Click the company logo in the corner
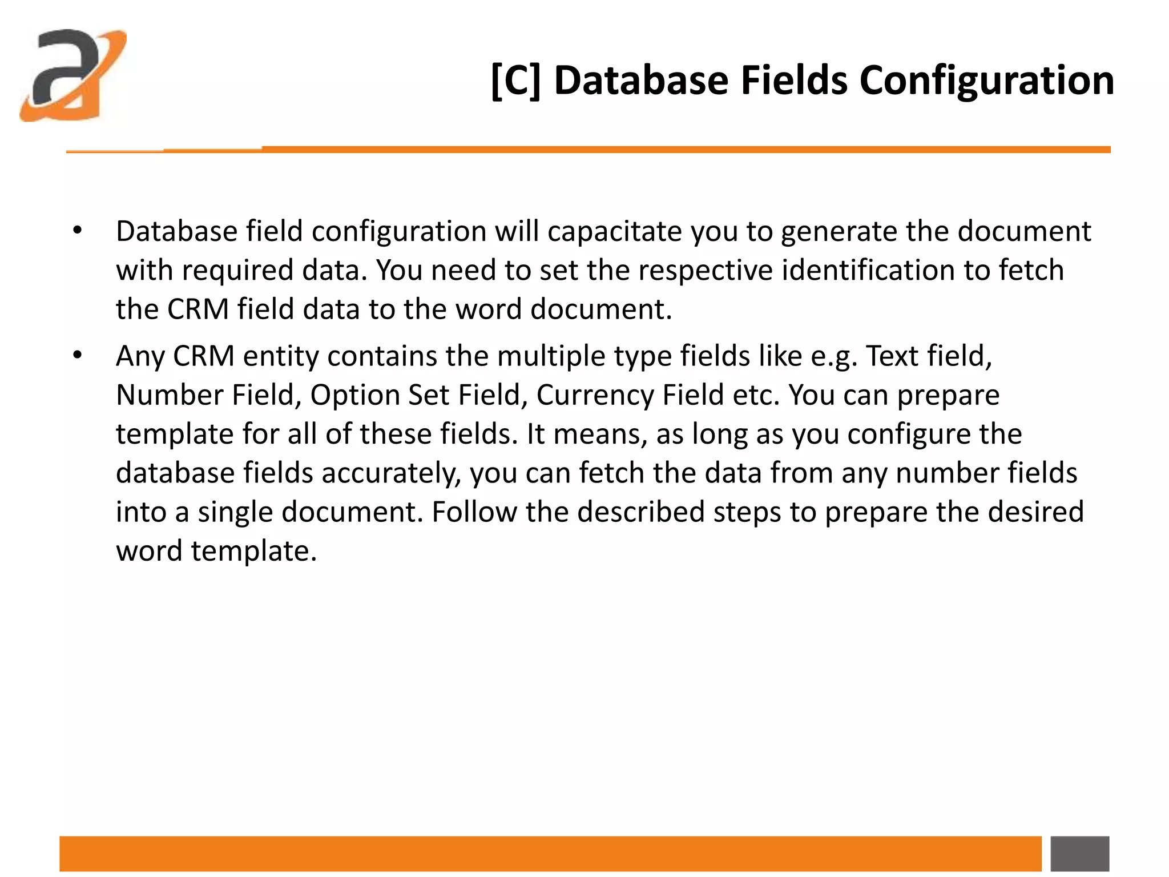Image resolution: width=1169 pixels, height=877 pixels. pyautogui.click(x=72, y=75)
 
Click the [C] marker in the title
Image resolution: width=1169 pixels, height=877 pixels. pyautogui.click(x=515, y=81)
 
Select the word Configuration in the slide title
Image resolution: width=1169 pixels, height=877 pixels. pyautogui.click(x=986, y=81)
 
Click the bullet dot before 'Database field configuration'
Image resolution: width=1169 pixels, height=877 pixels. pyautogui.click(x=78, y=231)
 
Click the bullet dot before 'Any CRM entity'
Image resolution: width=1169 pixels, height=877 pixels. pyautogui.click(x=78, y=356)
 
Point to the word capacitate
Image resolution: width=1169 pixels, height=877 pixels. pyautogui.click(x=615, y=232)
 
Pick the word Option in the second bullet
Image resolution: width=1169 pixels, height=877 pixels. pyautogui.click(x=355, y=395)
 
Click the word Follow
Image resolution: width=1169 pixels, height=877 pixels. pyautogui.click(x=474, y=512)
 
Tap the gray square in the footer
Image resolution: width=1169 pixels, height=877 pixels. pyautogui.click(x=1079, y=854)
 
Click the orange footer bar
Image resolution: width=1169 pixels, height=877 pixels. pyautogui.click(x=550, y=854)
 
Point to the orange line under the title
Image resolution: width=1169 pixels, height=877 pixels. pyautogui.click(x=628, y=150)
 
